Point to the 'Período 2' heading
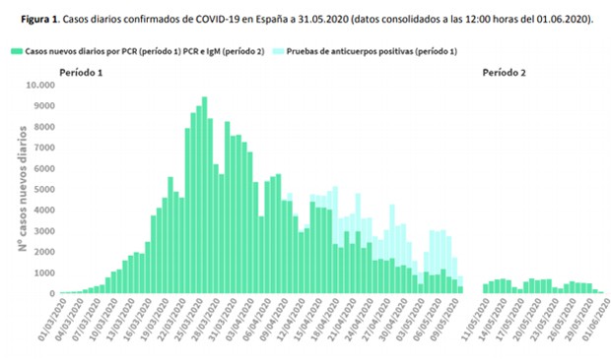pyautogui.click(x=503, y=74)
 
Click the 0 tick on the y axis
pyautogui.click(x=49, y=294)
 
